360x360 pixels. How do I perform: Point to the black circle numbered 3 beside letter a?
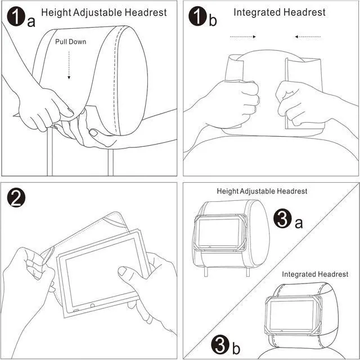284,219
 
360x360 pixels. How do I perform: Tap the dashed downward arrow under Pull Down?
69,65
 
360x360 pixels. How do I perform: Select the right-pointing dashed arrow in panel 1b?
244,37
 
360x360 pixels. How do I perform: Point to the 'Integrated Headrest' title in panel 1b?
279,12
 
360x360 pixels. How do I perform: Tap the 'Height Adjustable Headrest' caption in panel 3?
262,191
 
